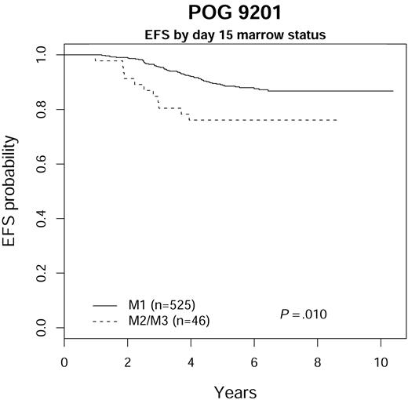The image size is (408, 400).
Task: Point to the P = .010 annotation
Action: (x=304, y=314)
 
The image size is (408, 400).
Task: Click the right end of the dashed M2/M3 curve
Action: (x=337, y=120)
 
